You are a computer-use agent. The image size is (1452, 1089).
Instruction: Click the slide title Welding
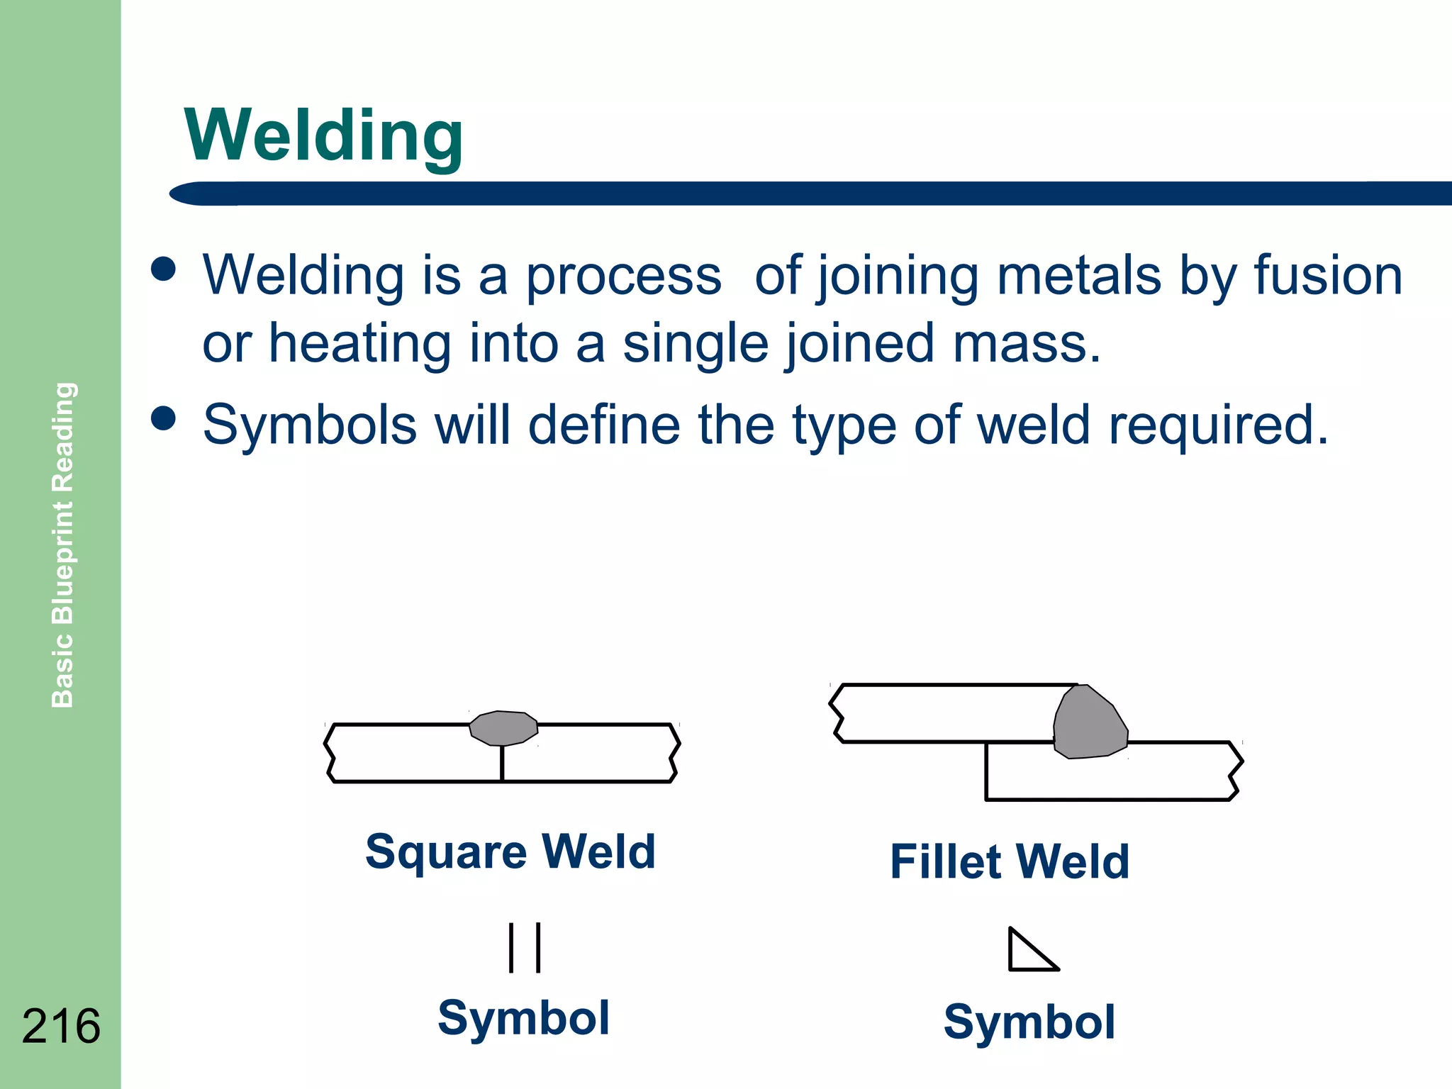pyautogui.click(x=323, y=136)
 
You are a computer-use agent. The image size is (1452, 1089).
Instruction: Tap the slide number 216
pyautogui.click(x=61, y=1026)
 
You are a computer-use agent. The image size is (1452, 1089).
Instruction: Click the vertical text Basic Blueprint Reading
pyautogui.click(x=63, y=544)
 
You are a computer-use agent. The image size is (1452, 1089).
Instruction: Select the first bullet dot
pyautogui.click(x=164, y=269)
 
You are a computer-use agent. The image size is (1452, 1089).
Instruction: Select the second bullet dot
pyautogui.click(x=164, y=418)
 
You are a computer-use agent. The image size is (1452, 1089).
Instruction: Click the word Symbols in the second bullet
pyautogui.click(x=310, y=425)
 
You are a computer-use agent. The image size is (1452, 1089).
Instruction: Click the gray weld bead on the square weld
pyautogui.click(x=503, y=728)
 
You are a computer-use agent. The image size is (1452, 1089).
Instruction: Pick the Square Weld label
pyautogui.click(x=510, y=851)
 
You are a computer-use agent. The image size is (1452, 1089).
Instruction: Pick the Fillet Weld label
pyautogui.click(x=1010, y=862)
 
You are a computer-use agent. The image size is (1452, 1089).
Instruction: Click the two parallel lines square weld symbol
pyautogui.click(x=525, y=947)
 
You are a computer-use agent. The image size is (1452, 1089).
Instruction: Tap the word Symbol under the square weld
pyautogui.click(x=523, y=1018)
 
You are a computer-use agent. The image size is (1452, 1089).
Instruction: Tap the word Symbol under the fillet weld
pyautogui.click(x=1029, y=1022)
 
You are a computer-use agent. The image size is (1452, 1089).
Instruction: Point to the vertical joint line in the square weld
pyautogui.click(x=502, y=764)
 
